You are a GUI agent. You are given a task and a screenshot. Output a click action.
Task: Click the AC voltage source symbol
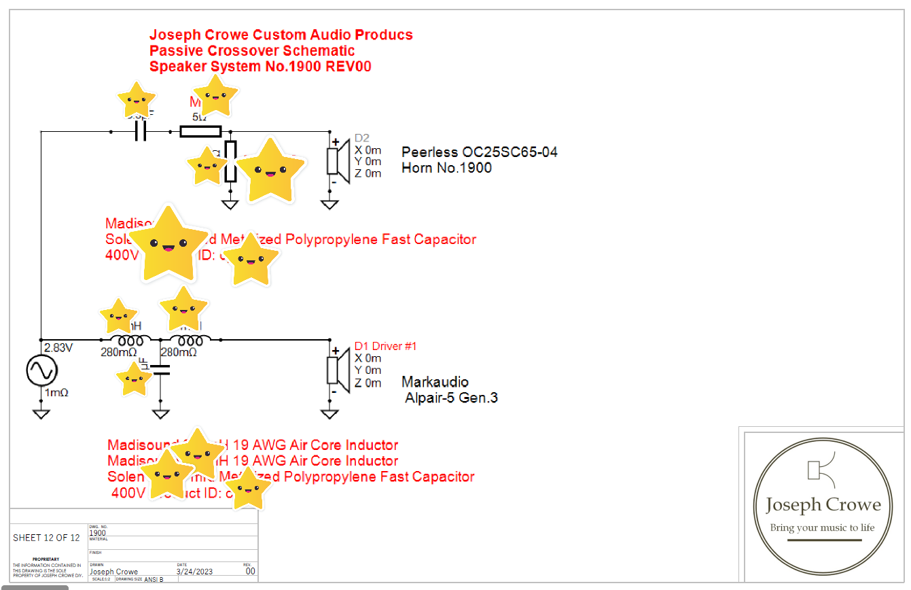pyautogui.click(x=41, y=370)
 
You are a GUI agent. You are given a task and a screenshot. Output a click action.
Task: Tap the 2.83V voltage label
pyautogui.click(x=58, y=348)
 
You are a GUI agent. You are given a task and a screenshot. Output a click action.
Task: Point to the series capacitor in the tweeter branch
pyautogui.click(x=141, y=131)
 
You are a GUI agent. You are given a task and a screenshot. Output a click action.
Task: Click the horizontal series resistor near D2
pyautogui.click(x=200, y=131)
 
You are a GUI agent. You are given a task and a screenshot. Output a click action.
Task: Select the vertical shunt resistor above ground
pyautogui.click(x=231, y=162)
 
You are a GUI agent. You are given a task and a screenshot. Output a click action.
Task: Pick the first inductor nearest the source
pyautogui.click(x=126, y=340)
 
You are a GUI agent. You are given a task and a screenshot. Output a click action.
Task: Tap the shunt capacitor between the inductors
pyautogui.click(x=160, y=370)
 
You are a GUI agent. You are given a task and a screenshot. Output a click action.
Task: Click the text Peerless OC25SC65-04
pyautogui.click(x=479, y=152)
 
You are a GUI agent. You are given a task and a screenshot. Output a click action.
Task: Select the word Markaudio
pyautogui.click(x=435, y=382)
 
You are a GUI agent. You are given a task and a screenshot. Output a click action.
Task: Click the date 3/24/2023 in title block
pyautogui.click(x=194, y=572)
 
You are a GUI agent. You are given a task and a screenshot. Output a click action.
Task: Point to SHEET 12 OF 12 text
pyautogui.click(x=46, y=538)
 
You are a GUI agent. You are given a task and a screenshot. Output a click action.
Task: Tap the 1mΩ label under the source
pyautogui.click(x=56, y=393)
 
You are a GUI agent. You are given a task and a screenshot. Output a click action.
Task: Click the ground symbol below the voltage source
pyautogui.click(x=41, y=413)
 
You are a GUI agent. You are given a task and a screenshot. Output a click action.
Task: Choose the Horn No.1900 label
pyautogui.click(x=446, y=168)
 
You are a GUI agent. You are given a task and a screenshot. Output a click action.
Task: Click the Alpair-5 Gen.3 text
pyautogui.click(x=451, y=398)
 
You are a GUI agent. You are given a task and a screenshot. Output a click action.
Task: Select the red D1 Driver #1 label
pyautogui.click(x=385, y=347)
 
